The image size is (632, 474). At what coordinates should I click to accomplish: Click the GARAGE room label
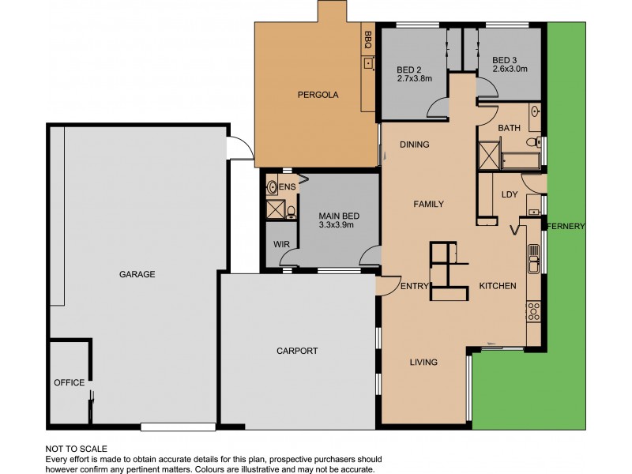137,275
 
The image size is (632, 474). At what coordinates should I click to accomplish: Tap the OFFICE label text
69,382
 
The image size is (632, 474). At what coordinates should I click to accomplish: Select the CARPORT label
297,351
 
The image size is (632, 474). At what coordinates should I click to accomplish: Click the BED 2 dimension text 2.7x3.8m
414,78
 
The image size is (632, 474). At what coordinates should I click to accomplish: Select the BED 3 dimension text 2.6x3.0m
509,69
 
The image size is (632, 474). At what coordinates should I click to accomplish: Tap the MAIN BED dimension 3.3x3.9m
335,224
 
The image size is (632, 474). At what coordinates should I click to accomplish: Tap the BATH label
509,128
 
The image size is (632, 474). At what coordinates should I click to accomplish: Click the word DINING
414,145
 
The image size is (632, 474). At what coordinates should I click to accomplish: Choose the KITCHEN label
498,285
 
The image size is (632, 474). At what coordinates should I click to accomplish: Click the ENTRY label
414,286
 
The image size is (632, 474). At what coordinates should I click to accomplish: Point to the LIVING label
423,363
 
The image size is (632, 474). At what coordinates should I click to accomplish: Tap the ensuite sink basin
273,187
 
